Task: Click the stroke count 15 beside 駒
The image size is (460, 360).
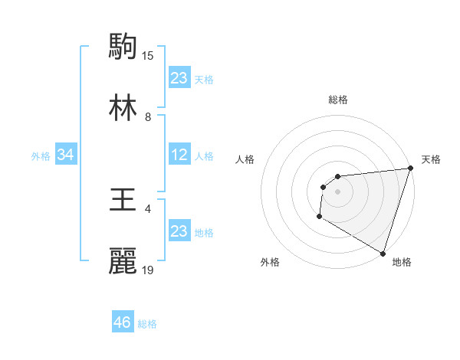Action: click(148, 55)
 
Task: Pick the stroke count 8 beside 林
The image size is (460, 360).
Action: click(148, 117)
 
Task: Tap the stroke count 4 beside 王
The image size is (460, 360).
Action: click(148, 209)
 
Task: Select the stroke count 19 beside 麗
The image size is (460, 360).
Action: click(148, 270)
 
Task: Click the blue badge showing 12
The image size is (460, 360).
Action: click(179, 155)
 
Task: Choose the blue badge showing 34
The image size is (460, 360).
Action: click(66, 155)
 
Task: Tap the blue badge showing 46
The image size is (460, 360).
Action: click(123, 322)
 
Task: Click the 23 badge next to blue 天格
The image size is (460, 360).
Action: click(179, 78)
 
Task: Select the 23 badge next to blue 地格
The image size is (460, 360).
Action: click(179, 231)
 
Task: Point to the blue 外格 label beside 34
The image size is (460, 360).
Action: click(41, 156)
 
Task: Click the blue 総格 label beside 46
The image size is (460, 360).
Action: click(147, 324)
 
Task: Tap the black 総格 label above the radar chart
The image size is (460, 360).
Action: click(338, 100)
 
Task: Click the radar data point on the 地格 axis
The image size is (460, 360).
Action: click(383, 253)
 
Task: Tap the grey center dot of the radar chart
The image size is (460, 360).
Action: click(337, 191)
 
